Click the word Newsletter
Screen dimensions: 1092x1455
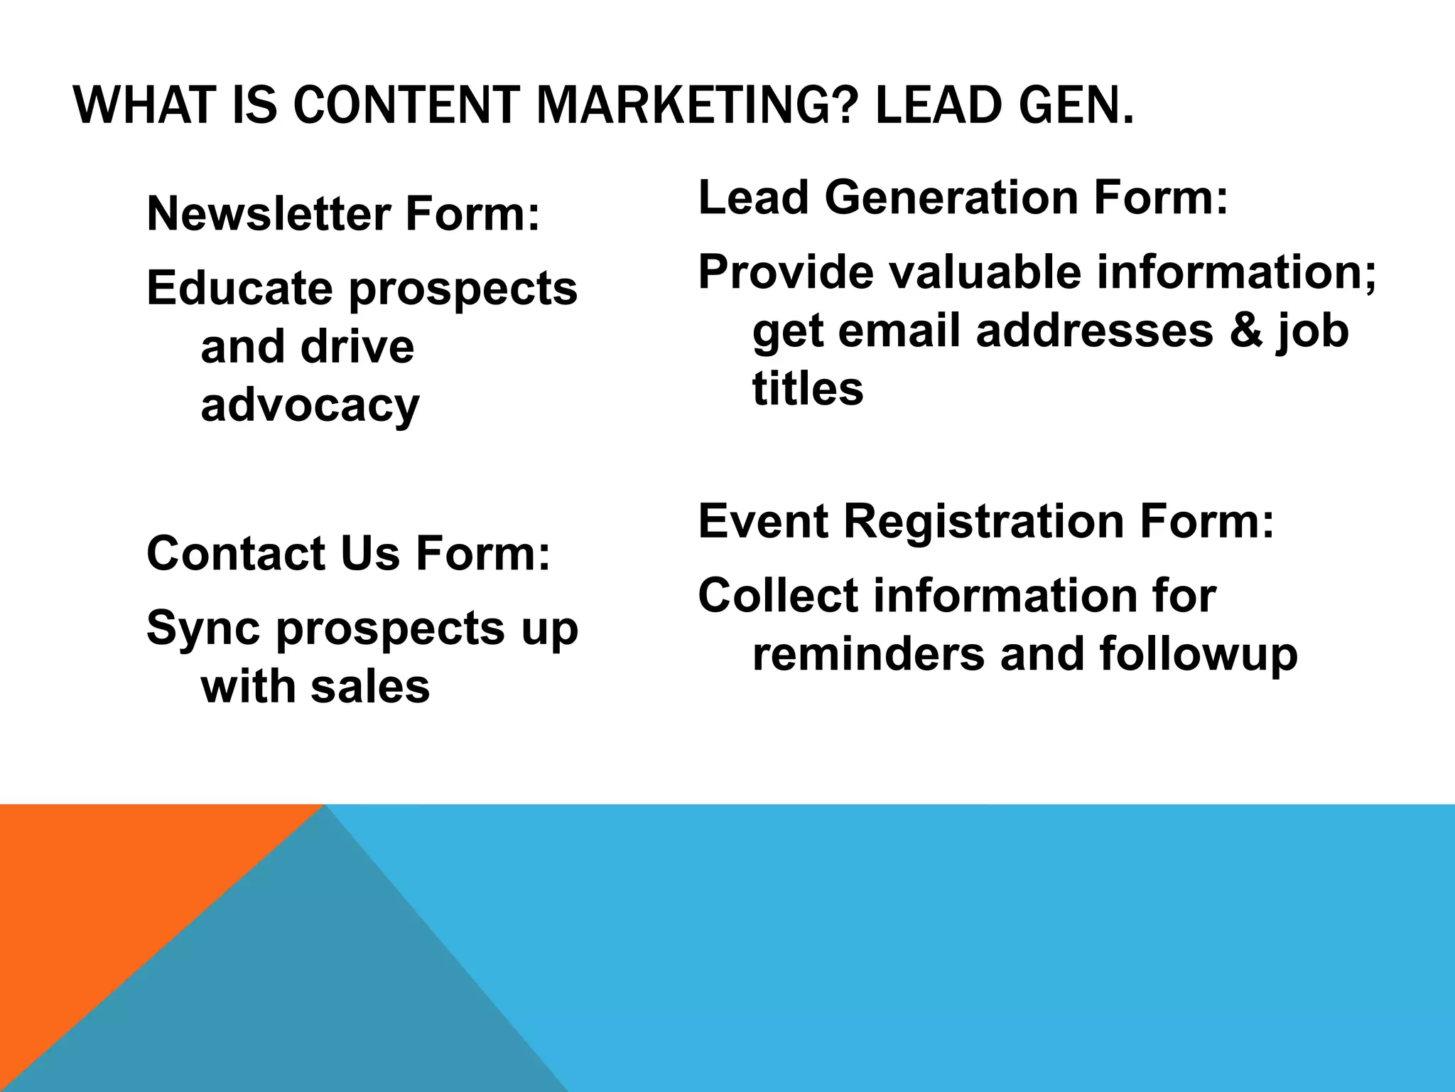pos(269,214)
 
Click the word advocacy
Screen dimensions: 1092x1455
pos(310,406)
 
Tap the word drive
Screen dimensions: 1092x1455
pos(357,347)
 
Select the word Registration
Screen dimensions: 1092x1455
pos(985,521)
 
